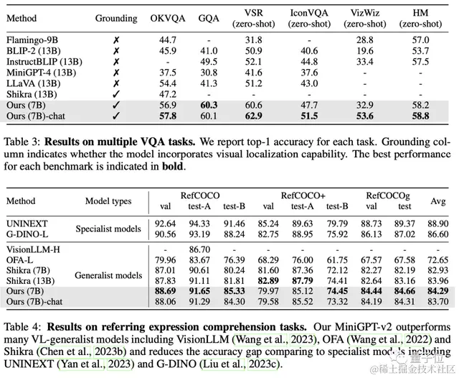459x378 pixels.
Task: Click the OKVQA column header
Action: pyautogui.click(x=167, y=18)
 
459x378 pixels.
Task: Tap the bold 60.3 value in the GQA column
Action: pyautogui.click(x=208, y=105)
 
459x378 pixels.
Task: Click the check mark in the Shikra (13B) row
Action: pyautogui.click(x=115, y=94)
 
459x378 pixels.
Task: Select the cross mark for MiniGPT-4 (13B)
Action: pyautogui.click(x=115, y=73)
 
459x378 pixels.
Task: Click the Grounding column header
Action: pyautogui.click(x=115, y=18)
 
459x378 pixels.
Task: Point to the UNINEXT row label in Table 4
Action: pyautogui.click(x=27, y=225)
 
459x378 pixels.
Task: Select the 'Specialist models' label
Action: pyautogui.click(x=108, y=230)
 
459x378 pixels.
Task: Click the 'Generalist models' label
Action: pyautogui.click(x=108, y=274)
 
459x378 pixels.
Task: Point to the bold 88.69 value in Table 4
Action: pyautogui.click(x=164, y=290)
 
